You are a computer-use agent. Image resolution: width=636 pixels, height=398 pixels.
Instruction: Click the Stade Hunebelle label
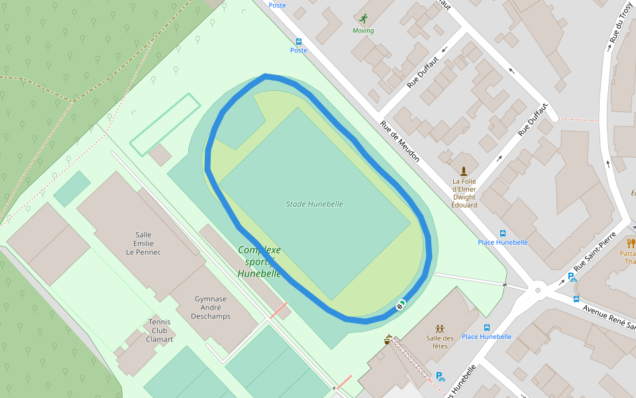[315, 204]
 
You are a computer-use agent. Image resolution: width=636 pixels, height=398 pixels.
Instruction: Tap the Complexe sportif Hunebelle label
[259, 261]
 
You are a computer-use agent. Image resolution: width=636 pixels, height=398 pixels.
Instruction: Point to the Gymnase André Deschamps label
[211, 307]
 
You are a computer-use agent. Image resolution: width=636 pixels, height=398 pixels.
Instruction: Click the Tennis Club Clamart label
[160, 330]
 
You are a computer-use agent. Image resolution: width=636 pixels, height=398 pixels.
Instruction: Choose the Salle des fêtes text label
[439, 342]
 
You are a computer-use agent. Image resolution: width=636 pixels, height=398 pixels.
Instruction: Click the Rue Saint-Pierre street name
[594, 251]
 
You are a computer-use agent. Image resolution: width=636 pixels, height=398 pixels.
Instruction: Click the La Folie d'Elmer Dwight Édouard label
[464, 193]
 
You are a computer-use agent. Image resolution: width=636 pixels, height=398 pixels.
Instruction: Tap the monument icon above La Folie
[464, 171]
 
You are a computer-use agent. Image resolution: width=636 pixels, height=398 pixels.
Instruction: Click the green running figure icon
[362, 19]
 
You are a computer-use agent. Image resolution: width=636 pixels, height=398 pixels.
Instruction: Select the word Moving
[362, 31]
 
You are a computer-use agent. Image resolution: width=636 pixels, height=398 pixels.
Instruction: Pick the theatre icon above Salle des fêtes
[439, 329]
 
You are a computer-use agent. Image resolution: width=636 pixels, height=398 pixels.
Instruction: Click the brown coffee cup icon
[388, 340]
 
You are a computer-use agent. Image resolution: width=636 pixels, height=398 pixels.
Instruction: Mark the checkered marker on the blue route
[400, 305]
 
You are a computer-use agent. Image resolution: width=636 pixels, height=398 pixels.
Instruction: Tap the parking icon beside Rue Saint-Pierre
[572, 277]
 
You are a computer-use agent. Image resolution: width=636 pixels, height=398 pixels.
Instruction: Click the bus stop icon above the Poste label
[299, 41]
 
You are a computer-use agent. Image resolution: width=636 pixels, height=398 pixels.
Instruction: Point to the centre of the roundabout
[538, 290]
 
